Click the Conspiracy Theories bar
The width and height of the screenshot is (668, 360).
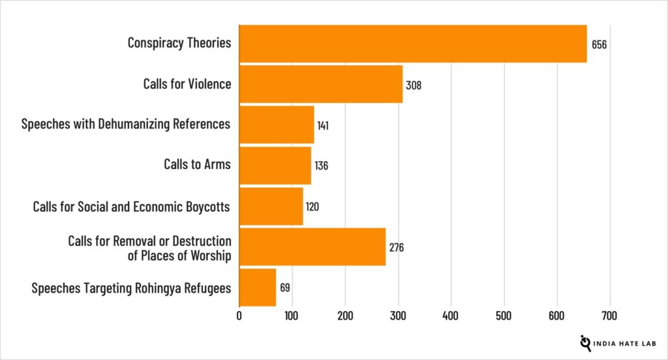pyautogui.click(x=413, y=44)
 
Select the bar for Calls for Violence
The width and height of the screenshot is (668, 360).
pyautogui.click(x=321, y=84)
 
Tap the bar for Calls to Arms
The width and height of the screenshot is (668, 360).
pyautogui.click(x=275, y=165)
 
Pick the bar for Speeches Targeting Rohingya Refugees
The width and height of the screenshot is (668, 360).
pyautogui.click(x=258, y=287)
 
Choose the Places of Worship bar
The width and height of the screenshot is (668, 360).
pyautogui.click(x=312, y=247)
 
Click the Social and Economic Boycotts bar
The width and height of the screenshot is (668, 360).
pyautogui.click(x=271, y=206)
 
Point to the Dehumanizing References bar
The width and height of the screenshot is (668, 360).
pyautogui.click(x=277, y=125)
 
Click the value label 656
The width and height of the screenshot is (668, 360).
pyautogui.click(x=600, y=44)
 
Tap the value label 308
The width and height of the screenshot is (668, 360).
pyautogui.click(x=414, y=85)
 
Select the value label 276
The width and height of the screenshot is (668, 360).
pyautogui.click(x=397, y=247)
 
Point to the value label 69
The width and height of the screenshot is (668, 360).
pyautogui.click(x=285, y=288)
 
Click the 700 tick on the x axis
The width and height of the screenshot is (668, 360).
pyautogui.click(x=610, y=316)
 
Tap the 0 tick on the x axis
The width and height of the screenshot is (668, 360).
pyautogui.click(x=239, y=316)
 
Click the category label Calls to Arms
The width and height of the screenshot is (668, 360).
pyautogui.click(x=197, y=165)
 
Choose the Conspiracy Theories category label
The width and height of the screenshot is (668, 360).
pyautogui.click(x=179, y=44)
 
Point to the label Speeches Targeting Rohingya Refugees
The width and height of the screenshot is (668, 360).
pyautogui.click(x=131, y=288)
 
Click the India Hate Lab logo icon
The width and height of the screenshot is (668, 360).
pyautogui.click(x=585, y=342)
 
